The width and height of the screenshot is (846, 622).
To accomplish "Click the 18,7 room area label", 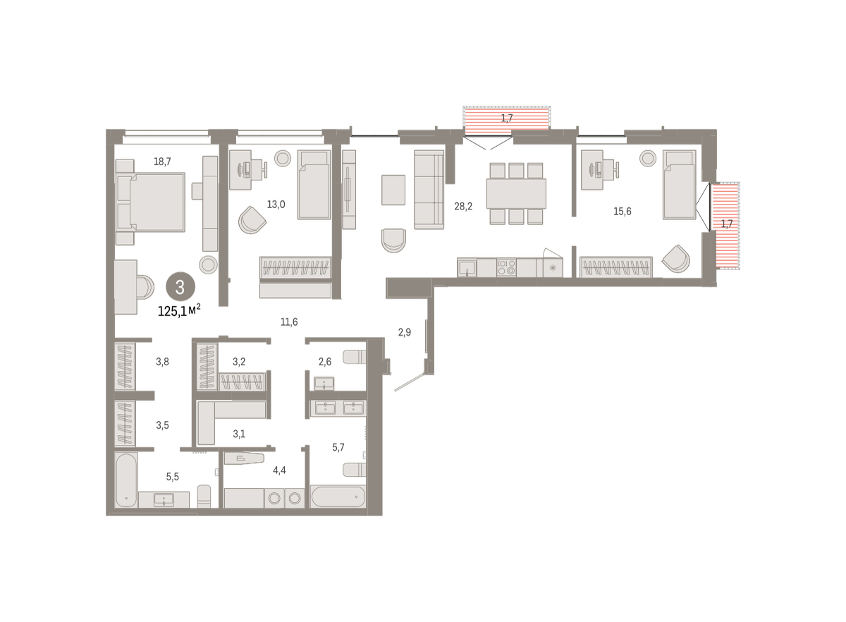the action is (x=162, y=161).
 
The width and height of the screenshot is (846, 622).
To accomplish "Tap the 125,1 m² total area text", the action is (x=179, y=310).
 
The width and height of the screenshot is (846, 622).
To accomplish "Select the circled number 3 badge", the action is (x=180, y=287).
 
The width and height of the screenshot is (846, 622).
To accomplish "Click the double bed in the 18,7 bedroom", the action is (x=151, y=202).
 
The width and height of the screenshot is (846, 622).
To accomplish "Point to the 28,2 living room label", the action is (x=463, y=207).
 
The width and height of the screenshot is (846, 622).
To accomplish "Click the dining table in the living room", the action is (x=516, y=193).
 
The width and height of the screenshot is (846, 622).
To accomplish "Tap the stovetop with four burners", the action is (x=506, y=267).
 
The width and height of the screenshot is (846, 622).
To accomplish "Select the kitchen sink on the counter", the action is (x=467, y=267).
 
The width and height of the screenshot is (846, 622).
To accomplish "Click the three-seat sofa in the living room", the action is (x=429, y=189).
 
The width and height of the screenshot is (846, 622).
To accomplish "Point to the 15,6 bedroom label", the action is (x=622, y=212).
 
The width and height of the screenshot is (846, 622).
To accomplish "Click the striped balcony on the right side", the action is (x=725, y=226).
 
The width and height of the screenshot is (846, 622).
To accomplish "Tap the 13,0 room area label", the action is (x=276, y=205).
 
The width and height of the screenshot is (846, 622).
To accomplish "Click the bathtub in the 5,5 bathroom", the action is (x=126, y=480).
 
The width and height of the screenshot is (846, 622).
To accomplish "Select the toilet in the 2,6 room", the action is (x=354, y=357).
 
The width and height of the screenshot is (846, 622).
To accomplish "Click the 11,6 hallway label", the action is (x=289, y=322).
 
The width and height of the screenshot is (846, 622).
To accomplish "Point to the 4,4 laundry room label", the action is (x=279, y=470).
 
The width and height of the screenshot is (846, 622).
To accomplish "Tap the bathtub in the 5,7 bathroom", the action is (x=338, y=496).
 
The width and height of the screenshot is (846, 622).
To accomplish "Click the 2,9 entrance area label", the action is (x=405, y=332).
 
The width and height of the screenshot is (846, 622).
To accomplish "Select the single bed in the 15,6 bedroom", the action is (x=679, y=184).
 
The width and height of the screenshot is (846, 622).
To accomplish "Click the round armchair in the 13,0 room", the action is (x=252, y=220).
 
